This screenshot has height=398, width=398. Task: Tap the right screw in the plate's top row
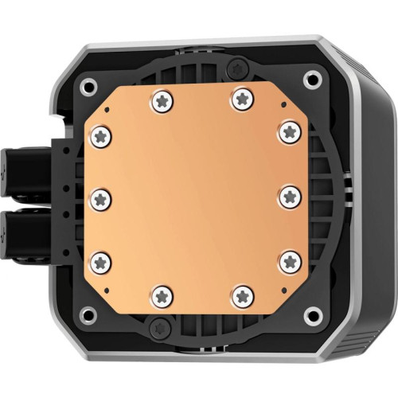(240, 99)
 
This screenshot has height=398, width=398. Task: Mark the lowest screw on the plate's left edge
(101, 259)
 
